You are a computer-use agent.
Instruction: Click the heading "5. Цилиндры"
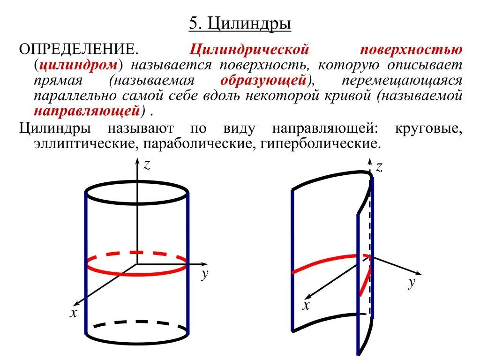(x=240, y=24)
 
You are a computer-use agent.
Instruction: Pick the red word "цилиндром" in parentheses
(x=78, y=65)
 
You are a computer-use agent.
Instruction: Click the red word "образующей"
(x=263, y=80)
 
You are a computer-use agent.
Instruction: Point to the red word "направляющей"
(x=87, y=112)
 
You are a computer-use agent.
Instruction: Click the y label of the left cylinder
(x=204, y=274)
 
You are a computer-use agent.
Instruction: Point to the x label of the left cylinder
(x=73, y=313)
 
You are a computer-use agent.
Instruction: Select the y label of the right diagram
(x=412, y=283)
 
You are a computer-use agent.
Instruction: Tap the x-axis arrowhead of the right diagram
(x=308, y=296)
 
